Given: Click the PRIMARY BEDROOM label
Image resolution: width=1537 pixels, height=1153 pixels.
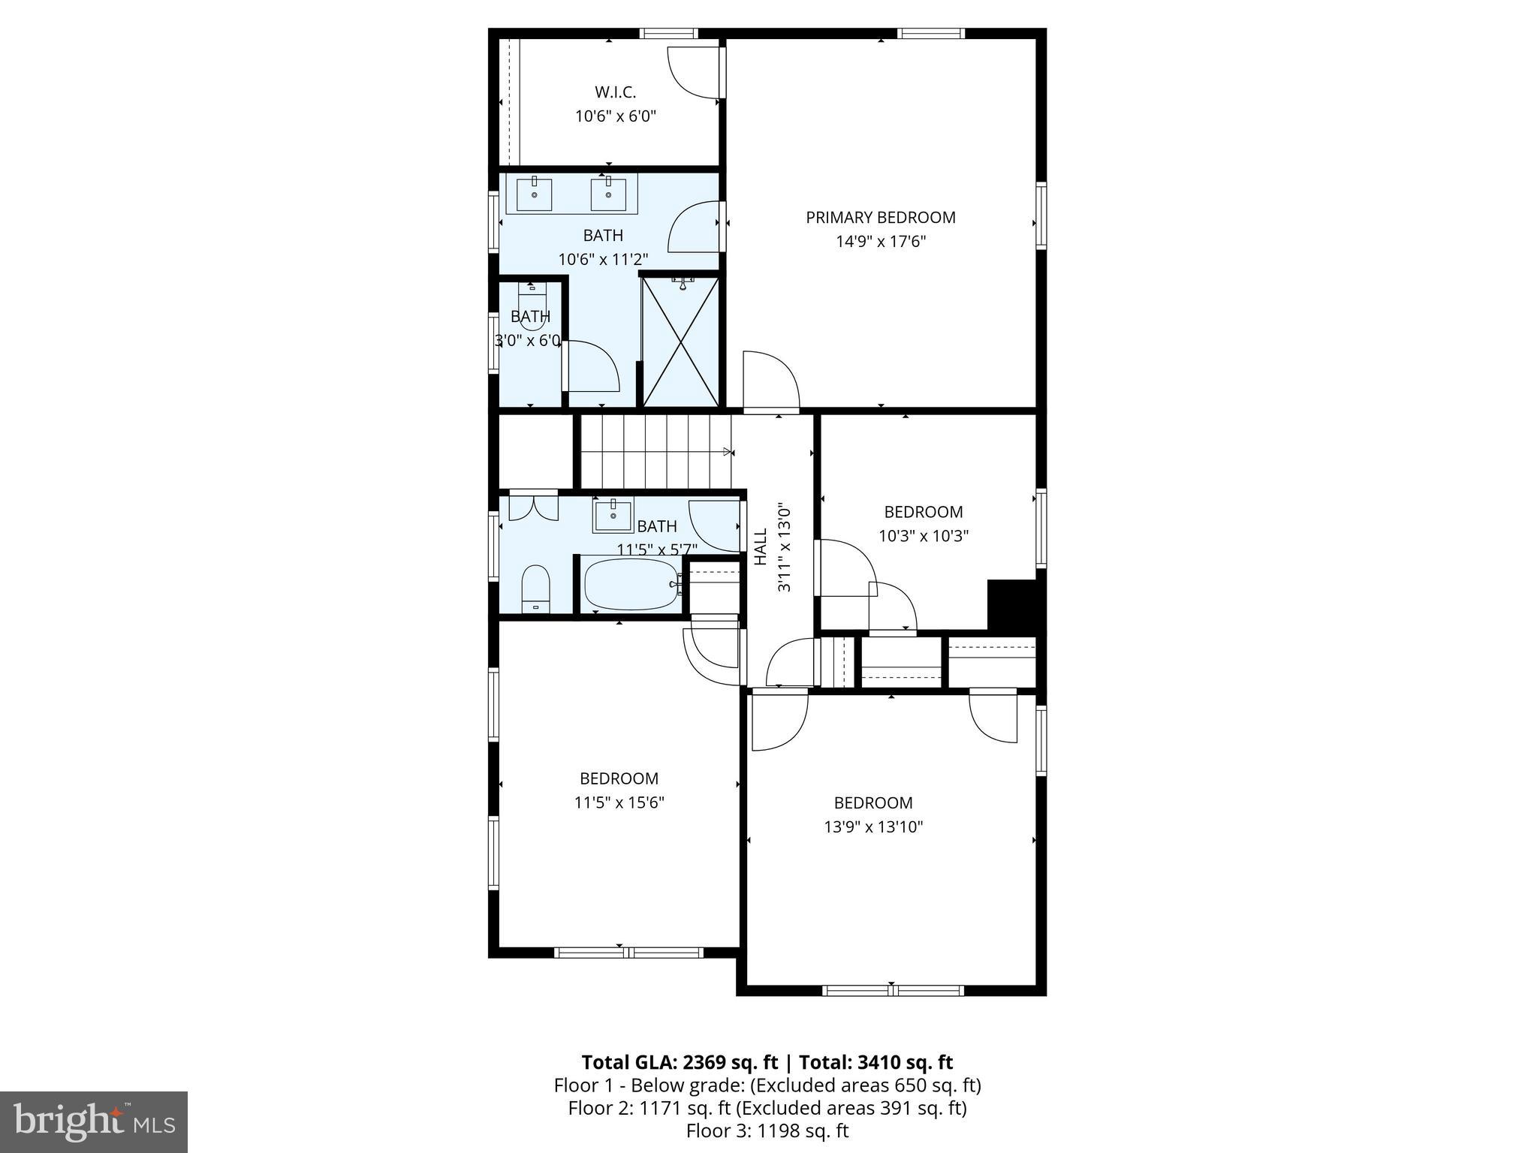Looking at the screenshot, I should [880, 218].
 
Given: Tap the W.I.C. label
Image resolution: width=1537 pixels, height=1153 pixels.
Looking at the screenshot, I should [615, 92].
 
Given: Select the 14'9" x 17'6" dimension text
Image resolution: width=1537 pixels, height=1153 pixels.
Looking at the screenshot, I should [880, 242].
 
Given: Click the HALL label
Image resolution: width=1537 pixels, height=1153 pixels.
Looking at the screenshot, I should [761, 546].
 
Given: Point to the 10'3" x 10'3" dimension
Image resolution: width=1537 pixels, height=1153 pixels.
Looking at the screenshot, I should [923, 536].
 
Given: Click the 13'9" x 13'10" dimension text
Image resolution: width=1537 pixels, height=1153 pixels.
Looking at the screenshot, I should [872, 827].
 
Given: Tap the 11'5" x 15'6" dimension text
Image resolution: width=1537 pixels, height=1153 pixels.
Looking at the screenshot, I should [619, 803].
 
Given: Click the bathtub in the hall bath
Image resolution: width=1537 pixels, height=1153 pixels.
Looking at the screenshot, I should [630, 584].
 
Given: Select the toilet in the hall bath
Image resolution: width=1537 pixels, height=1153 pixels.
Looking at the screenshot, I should [535, 589].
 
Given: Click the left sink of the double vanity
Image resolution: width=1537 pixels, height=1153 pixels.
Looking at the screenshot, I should [534, 194].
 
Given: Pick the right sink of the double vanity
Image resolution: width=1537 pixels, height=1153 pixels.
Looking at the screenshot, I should [607, 194].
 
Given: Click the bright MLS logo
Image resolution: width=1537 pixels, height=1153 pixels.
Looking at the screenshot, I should [94, 1121].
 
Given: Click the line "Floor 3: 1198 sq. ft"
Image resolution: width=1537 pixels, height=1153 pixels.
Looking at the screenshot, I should [767, 1130].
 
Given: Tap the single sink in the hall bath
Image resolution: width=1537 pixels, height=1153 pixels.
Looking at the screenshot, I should [613, 515].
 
